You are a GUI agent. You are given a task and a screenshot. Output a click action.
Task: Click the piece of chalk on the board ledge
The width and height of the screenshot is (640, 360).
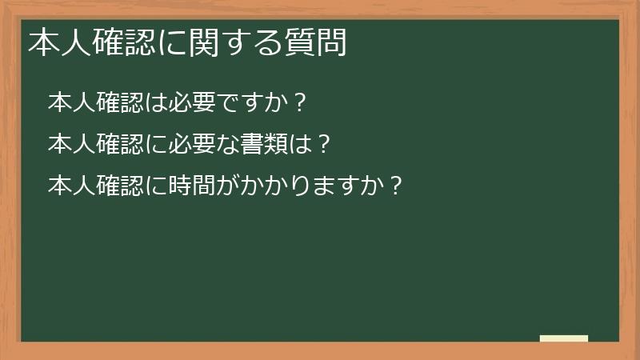point(564,338)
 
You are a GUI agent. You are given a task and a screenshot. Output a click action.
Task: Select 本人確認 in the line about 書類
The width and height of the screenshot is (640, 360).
point(96,144)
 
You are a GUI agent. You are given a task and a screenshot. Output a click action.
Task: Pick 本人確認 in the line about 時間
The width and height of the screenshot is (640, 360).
point(96,186)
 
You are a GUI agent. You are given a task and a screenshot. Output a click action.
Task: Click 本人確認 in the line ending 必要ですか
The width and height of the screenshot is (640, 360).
point(96,102)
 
